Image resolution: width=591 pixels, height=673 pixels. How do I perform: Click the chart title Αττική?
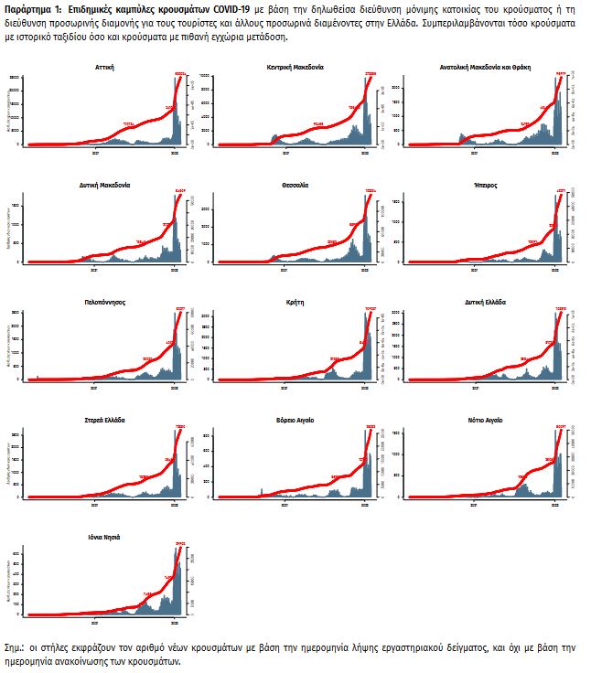pos(103,68)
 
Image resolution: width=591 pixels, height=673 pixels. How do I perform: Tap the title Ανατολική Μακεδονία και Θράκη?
pos(486,68)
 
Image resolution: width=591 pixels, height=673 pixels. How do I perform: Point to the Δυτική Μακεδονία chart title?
pos(103,185)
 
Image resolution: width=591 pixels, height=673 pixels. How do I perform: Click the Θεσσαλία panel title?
pos(295,185)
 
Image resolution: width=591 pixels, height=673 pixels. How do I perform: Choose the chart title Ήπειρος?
pos(486,185)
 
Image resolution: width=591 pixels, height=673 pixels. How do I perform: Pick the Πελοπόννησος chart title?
pos(103,301)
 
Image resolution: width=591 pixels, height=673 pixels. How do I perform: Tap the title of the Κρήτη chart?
pos(295,301)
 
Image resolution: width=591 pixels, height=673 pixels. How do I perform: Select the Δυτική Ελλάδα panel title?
pos(486,301)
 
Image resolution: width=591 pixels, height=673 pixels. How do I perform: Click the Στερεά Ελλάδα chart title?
pos(103,419)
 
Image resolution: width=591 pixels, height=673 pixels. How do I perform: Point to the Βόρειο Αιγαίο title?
pos(295,419)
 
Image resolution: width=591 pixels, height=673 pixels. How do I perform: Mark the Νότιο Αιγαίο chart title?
pos(486,419)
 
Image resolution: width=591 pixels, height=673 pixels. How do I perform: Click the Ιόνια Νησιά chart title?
pos(103,537)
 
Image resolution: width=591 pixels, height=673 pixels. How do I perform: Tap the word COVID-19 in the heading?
pos(236,8)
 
